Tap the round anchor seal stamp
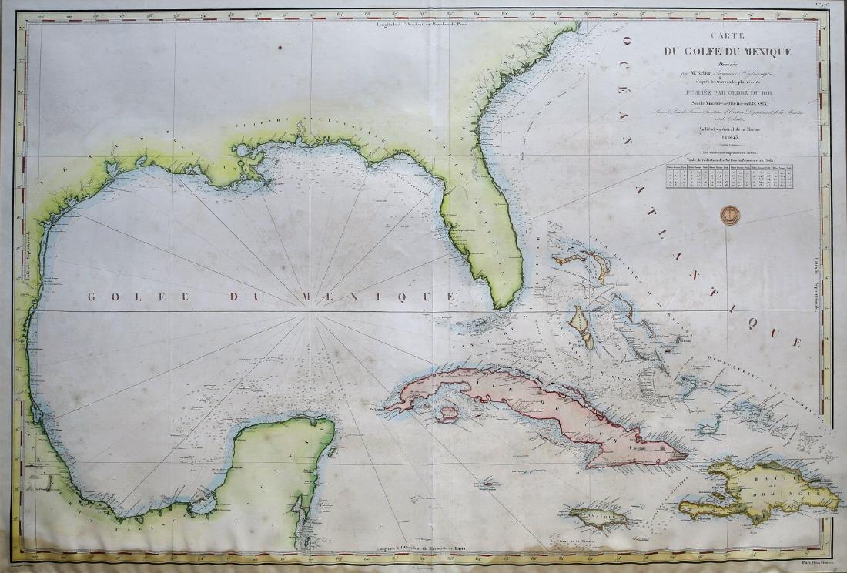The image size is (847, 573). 729,215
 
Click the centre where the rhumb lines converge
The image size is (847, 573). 311,310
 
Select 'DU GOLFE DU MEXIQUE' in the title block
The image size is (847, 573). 728,52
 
